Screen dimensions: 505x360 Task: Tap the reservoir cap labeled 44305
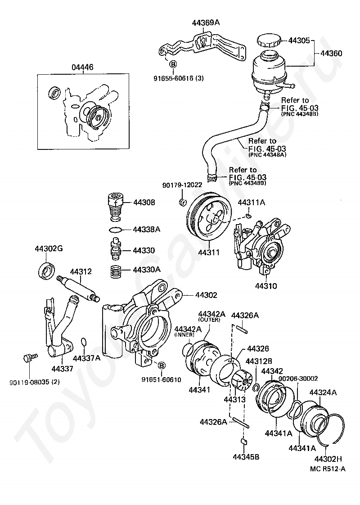pos(270,41)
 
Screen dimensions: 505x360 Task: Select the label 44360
pos(331,53)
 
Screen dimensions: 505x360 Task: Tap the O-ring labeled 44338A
pos(116,230)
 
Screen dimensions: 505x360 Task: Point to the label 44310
pos(266,286)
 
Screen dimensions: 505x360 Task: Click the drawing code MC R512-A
pos(328,469)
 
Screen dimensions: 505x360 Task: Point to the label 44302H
pos(328,459)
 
